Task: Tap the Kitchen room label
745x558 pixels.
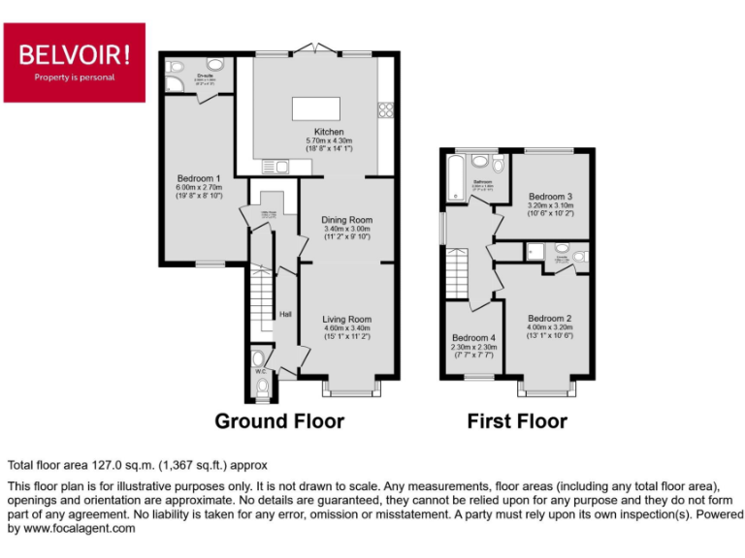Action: [328, 133]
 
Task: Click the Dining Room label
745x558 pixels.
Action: [346, 220]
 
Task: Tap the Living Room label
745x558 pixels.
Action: [346, 319]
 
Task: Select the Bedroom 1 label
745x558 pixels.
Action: [199, 178]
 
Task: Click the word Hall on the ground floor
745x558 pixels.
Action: [286, 314]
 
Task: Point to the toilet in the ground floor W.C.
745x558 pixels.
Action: [261, 387]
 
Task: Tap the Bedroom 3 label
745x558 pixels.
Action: [551, 196]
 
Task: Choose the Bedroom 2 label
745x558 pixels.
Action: [550, 318]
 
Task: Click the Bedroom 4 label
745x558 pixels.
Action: [473, 337]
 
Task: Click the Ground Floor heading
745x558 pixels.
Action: [279, 421]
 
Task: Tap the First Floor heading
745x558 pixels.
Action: [517, 421]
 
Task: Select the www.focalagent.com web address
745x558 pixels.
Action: [80, 529]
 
